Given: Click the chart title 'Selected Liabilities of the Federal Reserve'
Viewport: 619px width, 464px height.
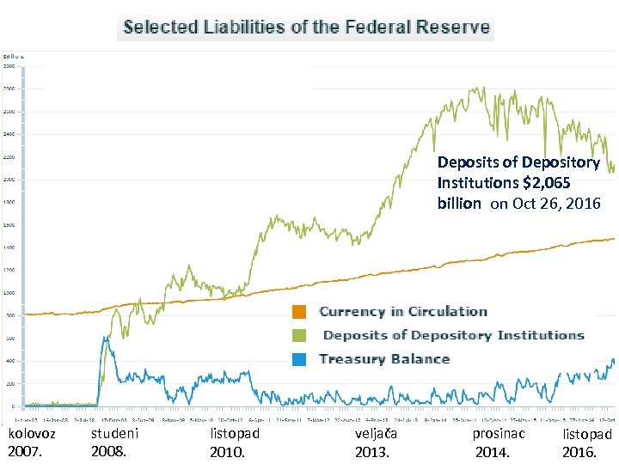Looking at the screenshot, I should (x=306, y=27).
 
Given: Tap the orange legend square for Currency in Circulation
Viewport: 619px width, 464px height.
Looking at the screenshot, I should (x=299, y=312).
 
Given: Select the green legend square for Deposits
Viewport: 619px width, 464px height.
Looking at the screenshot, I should (x=299, y=336).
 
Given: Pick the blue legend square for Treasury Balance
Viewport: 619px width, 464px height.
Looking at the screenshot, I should (x=299, y=359).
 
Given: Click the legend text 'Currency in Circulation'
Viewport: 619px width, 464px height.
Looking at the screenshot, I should (x=402, y=312).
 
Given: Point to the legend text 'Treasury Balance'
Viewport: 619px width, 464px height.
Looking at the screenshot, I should (x=384, y=359).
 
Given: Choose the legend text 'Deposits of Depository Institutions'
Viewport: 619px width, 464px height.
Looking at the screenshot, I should (x=453, y=336).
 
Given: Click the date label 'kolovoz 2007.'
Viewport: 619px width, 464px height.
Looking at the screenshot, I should (x=31, y=443).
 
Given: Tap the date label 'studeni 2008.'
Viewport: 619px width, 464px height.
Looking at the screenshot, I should (x=113, y=443).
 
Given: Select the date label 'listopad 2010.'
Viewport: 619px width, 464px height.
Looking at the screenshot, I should (x=235, y=443).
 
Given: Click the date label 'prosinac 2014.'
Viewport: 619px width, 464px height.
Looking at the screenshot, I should (x=499, y=443).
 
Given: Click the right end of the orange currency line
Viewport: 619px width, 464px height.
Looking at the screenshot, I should (x=614, y=239).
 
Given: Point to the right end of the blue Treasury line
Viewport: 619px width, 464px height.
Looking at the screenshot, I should (x=614, y=362).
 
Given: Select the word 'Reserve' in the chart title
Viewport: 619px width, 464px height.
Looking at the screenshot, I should (x=457, y=27).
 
